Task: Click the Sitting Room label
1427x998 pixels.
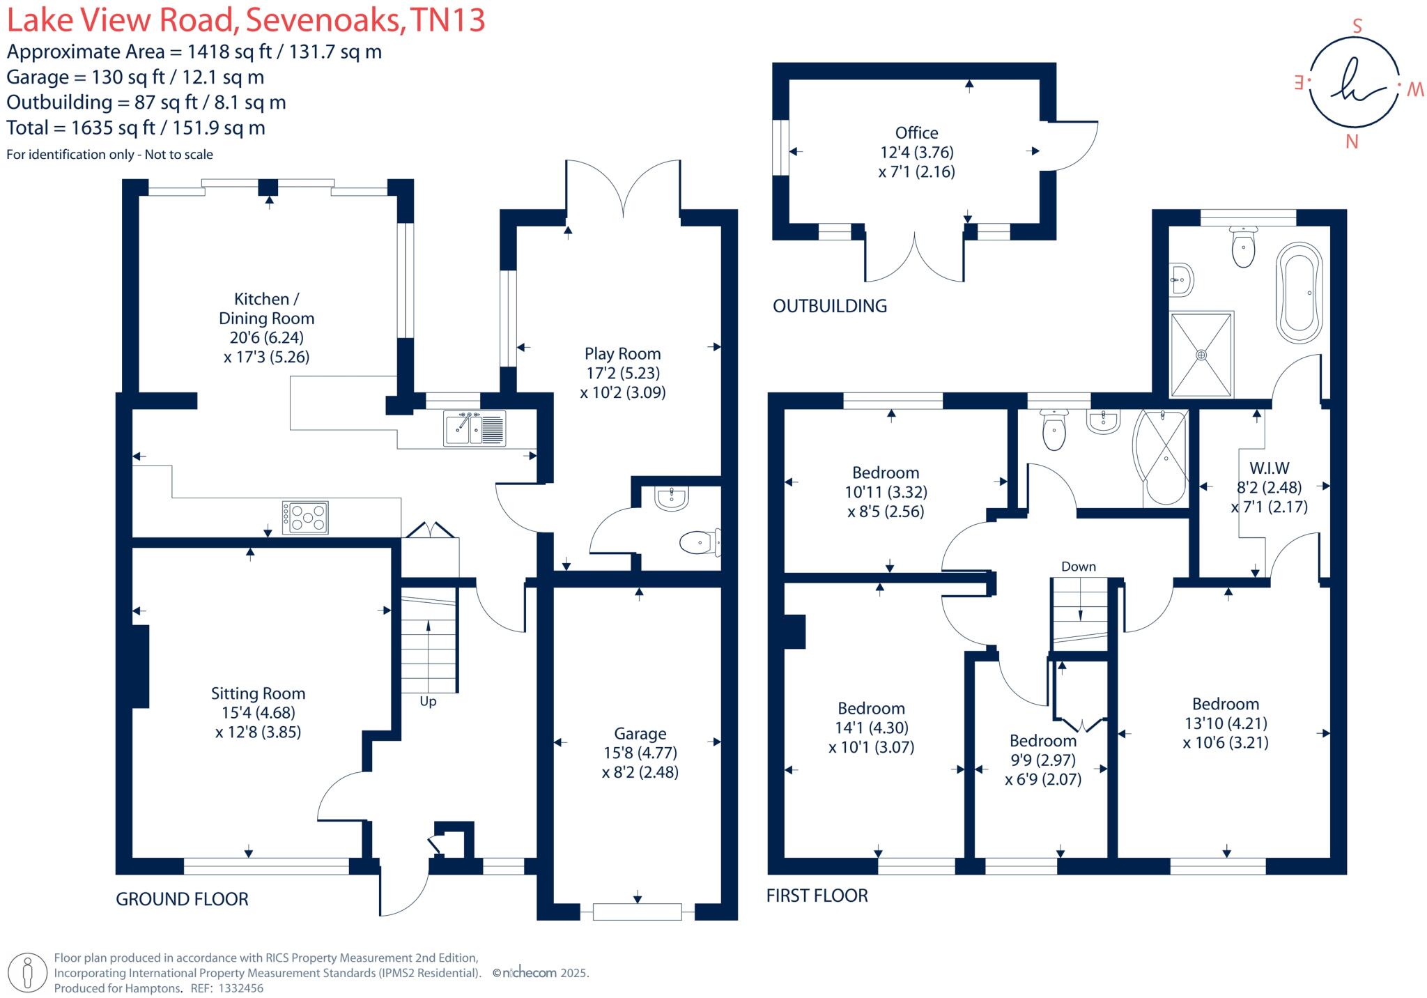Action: click(258, 693)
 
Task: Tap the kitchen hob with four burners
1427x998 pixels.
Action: click(304, 518)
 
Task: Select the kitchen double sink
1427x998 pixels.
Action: click(474, 428)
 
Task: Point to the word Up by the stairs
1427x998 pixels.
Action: click(428, 702)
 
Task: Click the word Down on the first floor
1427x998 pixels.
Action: click(1079, 567)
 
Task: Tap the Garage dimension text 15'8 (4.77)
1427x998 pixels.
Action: click(640, 753)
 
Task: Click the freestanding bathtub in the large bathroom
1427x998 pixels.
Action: click(1299, 293)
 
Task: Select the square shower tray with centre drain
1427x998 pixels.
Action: click(1201, 355)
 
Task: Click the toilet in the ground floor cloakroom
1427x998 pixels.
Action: click(699, 542)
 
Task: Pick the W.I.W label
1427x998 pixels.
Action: click(1269, 468)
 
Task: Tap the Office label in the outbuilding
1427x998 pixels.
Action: click(916, 133)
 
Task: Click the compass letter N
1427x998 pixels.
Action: click(1352, 142)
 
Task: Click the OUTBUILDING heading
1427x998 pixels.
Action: click(829, 306)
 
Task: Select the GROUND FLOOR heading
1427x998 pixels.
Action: click(182, 899)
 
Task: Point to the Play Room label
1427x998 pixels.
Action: click(622, 354)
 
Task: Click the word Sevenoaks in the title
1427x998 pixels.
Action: click(323, 20)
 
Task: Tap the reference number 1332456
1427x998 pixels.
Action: click(240, 988)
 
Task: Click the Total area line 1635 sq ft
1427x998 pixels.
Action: click(136, 128)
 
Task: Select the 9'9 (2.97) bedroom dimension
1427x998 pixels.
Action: click(1042, 760)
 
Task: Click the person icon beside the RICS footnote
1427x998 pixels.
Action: click(28, 972)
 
